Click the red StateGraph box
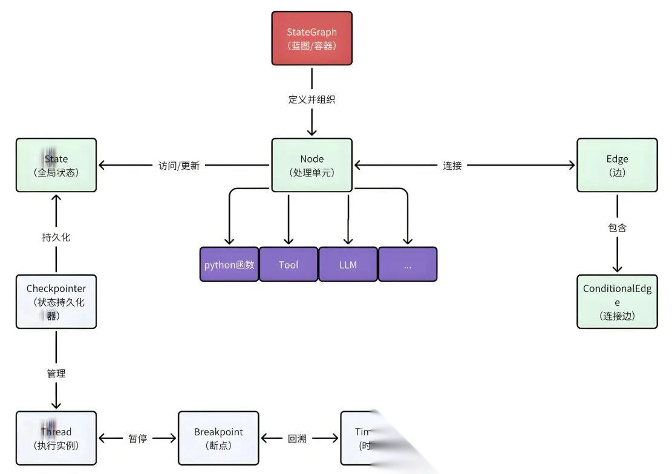click(312, 38)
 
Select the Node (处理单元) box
click(312, 165)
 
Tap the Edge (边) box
click(617, 165)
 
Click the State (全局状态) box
click(56, 165)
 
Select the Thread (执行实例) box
click(56, 438)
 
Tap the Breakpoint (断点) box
click(218, 438)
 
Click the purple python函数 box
click(229, 264)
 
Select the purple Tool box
click(289, 264)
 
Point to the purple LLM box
click(348, 264)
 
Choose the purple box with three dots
click(408, 264)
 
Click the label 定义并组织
click(312, 100)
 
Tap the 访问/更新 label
click(179, 165)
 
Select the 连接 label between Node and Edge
click(452, 165)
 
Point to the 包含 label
click(617, 227)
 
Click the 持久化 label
click(56, 237)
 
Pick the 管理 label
click(56, 374)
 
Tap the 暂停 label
click(137, 438)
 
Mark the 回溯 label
click(297, 438)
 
